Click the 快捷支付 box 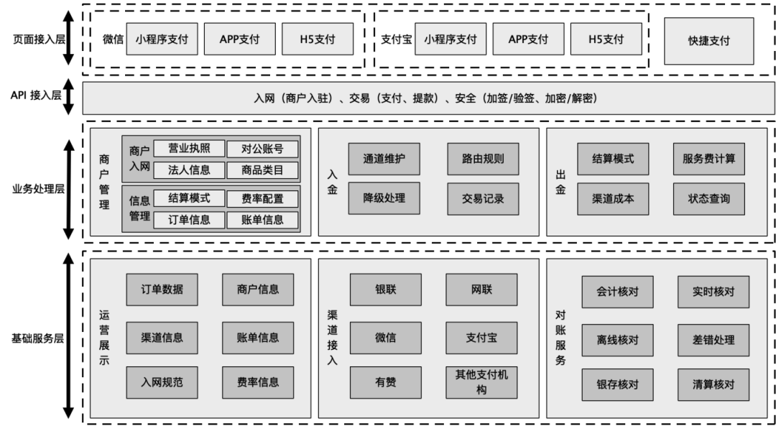click(x=708, y=41)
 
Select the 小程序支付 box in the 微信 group click(x=162, y=39)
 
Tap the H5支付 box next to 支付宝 click(x=606, y=39)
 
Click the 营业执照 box click(x=189, y=149)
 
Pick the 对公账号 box click(x=262, y=149)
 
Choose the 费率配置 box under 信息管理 click(x=262, y=199)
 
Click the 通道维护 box click(x=384, y=159)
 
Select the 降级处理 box click(x=384, y=198)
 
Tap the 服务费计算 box click(x=708, y=159)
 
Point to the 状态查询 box click(x=708, y=199)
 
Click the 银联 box click(x=386, y=290)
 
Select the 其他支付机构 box click(x=481, y=382)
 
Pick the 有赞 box click(x=386, y=382)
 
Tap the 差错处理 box click(x=713, y=341)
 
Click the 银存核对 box click(x=618, y=384)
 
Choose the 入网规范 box click(x=162, y=382)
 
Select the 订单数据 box click(x=162, y=290)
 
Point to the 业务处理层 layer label click(x=39, y=190)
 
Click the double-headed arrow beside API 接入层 click(x=68, y=96)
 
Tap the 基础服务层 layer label click(x=38, y=339)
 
